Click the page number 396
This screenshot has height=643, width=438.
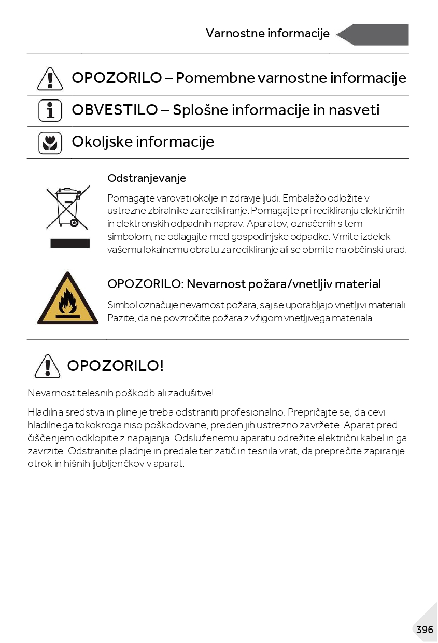(x=424, y=630)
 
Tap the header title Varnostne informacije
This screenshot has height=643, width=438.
(x=267, y=34)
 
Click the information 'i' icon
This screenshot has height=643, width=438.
(x=50, y=111)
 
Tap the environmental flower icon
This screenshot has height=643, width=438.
(x=50, y=142)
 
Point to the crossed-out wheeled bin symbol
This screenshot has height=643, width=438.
(x=68, y=208)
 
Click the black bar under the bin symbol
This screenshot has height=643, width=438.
(x=70, y=244)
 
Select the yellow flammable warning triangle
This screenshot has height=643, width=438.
(x=67, y=299)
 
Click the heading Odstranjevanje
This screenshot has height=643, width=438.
(x=147, y=178)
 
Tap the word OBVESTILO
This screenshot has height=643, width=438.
(x=115, y=110)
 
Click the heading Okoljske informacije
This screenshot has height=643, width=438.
(x=143, y=141)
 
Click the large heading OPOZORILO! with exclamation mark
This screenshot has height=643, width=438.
(x=115, y=366)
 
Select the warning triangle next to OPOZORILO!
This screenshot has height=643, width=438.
(x=48, y=366)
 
